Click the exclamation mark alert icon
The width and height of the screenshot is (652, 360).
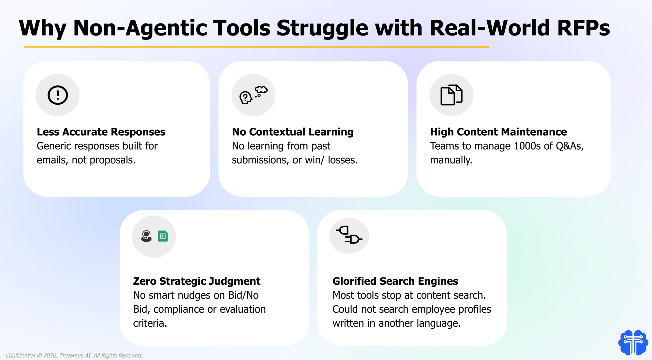coord(58,95)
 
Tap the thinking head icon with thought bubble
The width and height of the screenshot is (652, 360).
coord(253,95)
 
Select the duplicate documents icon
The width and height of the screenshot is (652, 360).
coord(452,95)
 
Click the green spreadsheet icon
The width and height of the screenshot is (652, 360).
coord(163,236)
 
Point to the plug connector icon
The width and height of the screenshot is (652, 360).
coord(349,235)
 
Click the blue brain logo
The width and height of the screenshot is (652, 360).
coord(633,342)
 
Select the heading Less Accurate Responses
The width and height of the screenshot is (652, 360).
coord(101,132)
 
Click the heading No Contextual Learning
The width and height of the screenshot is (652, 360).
coord(292,132)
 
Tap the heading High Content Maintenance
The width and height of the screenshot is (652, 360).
coord(498,132)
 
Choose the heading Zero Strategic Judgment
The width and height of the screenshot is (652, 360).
coord(197,281)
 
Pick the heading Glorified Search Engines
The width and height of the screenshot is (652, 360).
coord(395,281)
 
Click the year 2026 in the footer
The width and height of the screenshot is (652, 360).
coord(50,355)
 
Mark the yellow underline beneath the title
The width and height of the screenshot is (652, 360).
coord(256,47)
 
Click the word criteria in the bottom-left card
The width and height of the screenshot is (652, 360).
coord(150,323)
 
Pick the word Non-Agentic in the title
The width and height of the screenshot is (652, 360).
coord(140,28)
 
